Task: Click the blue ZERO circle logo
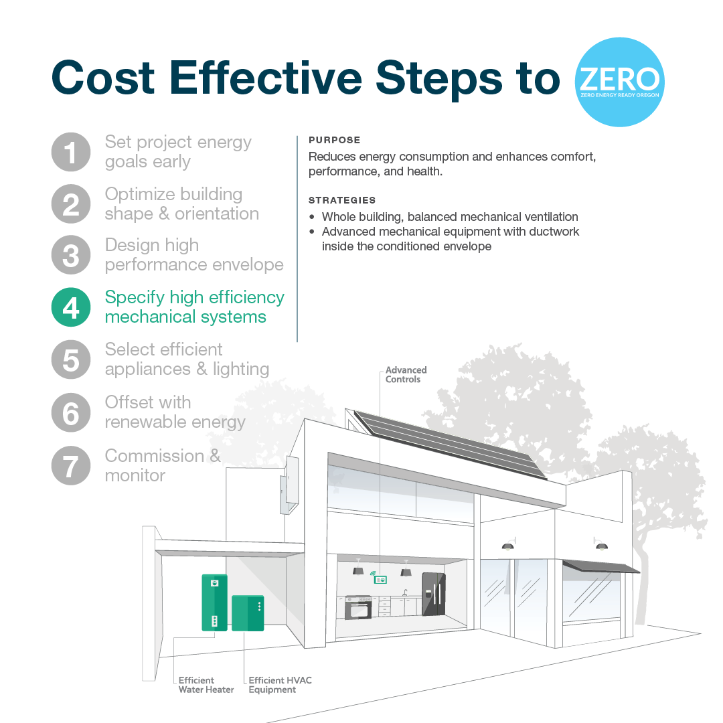619,82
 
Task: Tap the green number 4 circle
71,307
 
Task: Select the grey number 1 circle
71,152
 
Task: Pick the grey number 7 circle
71,465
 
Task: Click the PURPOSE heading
334,141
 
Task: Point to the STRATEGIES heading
342,200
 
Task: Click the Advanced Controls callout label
406,374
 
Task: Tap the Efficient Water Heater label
206,685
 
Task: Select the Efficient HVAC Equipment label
280,685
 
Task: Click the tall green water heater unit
214,602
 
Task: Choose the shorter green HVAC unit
248,613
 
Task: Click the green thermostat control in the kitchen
381,579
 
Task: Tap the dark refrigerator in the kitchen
434,595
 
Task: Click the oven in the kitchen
357,608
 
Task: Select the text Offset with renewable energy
175,412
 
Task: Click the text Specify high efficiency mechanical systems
194,307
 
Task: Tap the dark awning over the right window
600,568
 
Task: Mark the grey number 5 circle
71,359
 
